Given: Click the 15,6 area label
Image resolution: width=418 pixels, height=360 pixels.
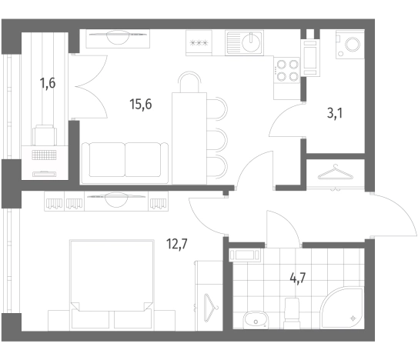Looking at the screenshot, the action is (141, 104).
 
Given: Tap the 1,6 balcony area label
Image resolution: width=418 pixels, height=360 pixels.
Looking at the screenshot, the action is (48, 83).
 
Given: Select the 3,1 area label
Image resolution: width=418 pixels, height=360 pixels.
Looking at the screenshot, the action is (335, 114).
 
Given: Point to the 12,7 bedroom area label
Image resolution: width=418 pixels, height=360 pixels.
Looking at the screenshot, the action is (177, 244).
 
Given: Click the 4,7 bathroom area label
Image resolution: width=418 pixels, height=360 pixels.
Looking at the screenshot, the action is (297, 278).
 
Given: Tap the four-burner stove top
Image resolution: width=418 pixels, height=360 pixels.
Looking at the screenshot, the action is (287, 71).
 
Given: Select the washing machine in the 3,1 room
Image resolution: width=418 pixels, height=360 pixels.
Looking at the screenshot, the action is (349, 45).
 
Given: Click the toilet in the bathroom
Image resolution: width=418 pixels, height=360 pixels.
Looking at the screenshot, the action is (292, 313).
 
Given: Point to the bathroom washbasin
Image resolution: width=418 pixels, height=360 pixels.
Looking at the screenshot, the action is (256, 319).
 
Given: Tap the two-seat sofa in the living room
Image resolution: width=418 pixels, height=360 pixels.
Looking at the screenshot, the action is (125, 163).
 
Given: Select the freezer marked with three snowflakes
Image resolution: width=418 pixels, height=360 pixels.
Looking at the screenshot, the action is (199, 43).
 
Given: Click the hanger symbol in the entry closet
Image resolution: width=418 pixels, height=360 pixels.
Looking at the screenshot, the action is (336, 172).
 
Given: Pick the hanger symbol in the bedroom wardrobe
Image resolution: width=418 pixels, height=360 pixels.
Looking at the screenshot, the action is (211, 308).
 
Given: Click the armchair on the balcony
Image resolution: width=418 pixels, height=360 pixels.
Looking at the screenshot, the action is (45, 135).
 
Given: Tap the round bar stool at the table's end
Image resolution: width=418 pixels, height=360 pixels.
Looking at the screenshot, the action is (189, 82).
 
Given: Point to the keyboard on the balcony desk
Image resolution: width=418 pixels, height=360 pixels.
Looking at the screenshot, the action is (44, 155).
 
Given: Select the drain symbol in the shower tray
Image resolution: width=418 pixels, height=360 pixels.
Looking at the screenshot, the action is (353, 318).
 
